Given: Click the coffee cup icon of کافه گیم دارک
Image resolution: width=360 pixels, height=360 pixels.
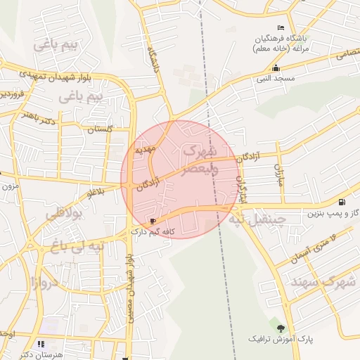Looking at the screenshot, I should (154, 221).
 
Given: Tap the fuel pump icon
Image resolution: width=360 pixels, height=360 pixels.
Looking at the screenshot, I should (342, 202).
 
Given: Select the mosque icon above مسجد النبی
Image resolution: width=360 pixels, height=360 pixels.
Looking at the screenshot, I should (276, 68).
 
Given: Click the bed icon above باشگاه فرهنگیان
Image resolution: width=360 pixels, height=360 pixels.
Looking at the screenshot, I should (281, 27).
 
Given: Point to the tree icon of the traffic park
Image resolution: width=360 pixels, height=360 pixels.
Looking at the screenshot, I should (281, 328).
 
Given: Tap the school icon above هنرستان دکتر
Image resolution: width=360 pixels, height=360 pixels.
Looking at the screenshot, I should (41, 344).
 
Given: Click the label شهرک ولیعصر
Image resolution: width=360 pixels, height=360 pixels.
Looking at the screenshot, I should (200, 160).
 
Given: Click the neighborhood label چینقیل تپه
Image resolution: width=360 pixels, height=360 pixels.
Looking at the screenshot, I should (256, 219).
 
